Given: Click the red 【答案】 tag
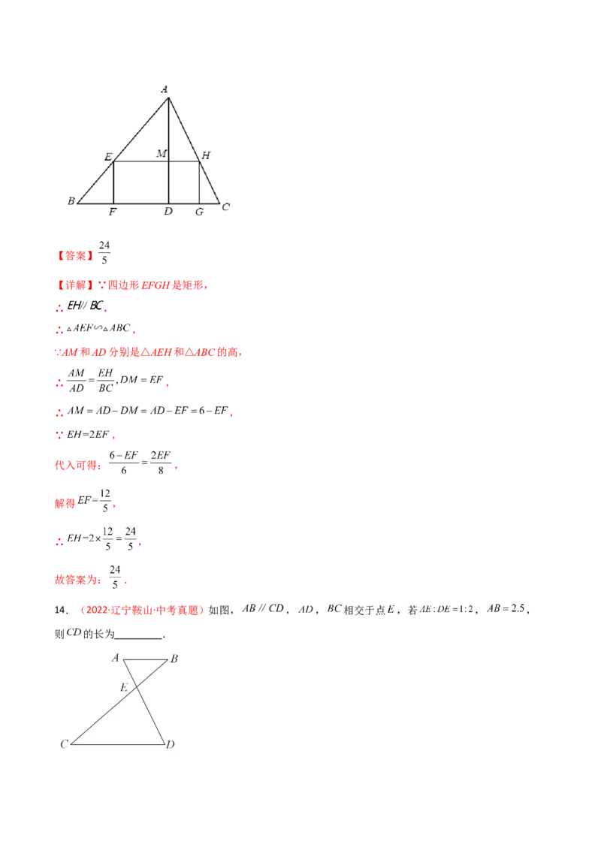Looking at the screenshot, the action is [75, 256].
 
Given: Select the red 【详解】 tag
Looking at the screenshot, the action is [75, 286].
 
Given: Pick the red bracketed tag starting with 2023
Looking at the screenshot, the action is [142, 611].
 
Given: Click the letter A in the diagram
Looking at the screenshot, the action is [116, 659].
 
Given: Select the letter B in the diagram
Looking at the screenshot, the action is [174, 660].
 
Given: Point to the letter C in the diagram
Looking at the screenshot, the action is [65, 745].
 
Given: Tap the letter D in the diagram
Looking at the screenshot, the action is [171, 745].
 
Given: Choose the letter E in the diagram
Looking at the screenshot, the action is [125, 687].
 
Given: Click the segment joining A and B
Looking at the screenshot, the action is [144, 660].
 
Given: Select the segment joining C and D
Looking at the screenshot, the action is [117, 744].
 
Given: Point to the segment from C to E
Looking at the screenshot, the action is [105, 714].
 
